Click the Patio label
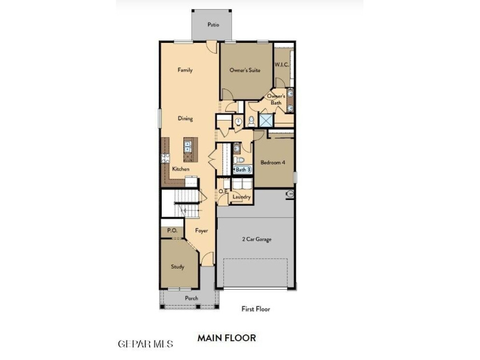click(x=213, y=25)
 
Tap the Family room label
click(x=185, y=70)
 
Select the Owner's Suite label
click(x=245, y=70)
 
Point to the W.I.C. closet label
click(x=282, y=65)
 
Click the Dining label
click(x=185, y=118)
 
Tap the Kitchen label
click(x=181, y=169)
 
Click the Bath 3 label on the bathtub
click(x=243, y=169)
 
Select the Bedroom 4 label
click(x=273, y=162)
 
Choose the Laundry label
click(x=242, y=197)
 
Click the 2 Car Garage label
click(x=257, y=239)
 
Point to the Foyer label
click(x=201, y=231)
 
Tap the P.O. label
click(x=172, y=230)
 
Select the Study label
click(x=178, y=267)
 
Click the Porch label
click(x=191, y=298)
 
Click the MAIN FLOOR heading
click(x=226, y=338)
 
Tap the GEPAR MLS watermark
click(x=145, y=344)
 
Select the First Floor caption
click(x=255, y=309)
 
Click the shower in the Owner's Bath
click(x=266, y=120)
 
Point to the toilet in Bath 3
click(x=239, y=160)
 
